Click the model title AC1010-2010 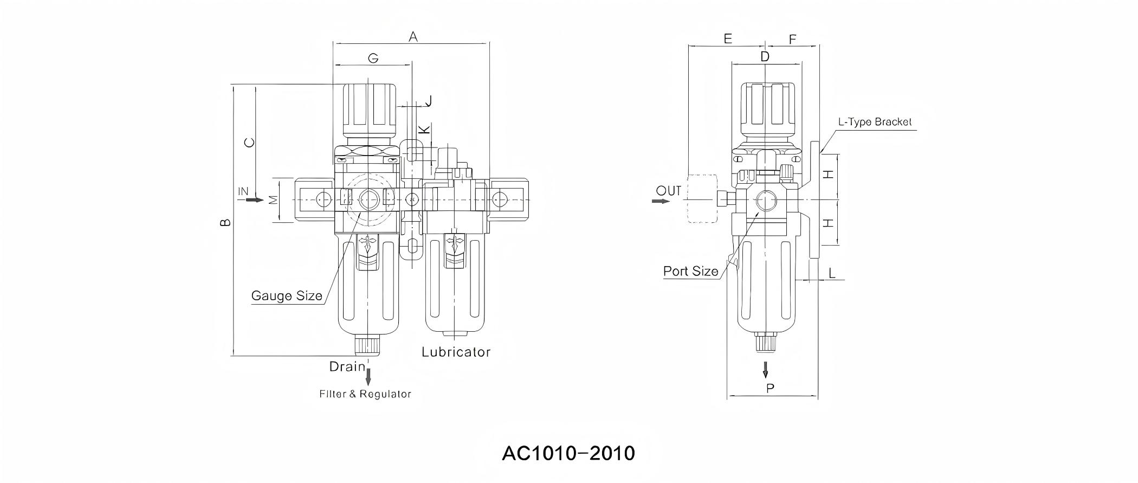click(x=568, y=453)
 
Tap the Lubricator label click(x=456, y=352)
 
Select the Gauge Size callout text click(x=287, y=296)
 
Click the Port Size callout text click(x=691, y=271)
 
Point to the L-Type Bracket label click(x=875, y=122)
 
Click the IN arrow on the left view click(x=254, y=200)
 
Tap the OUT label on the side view click(x=669, y=191)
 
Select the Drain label click(x=347, y=366)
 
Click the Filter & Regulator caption click(x=365, y=394)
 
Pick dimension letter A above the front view click(x=413, y=37)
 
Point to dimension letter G click(x=373, y=58)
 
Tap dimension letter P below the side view click(x=770, y=388)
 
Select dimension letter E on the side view click(x=727, y=38)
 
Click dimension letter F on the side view click(x=792, y=40)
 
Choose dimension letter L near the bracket click(x=832, y=273)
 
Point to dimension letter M click(x=274, y=199)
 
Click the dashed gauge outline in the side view click(x=702, y=199)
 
